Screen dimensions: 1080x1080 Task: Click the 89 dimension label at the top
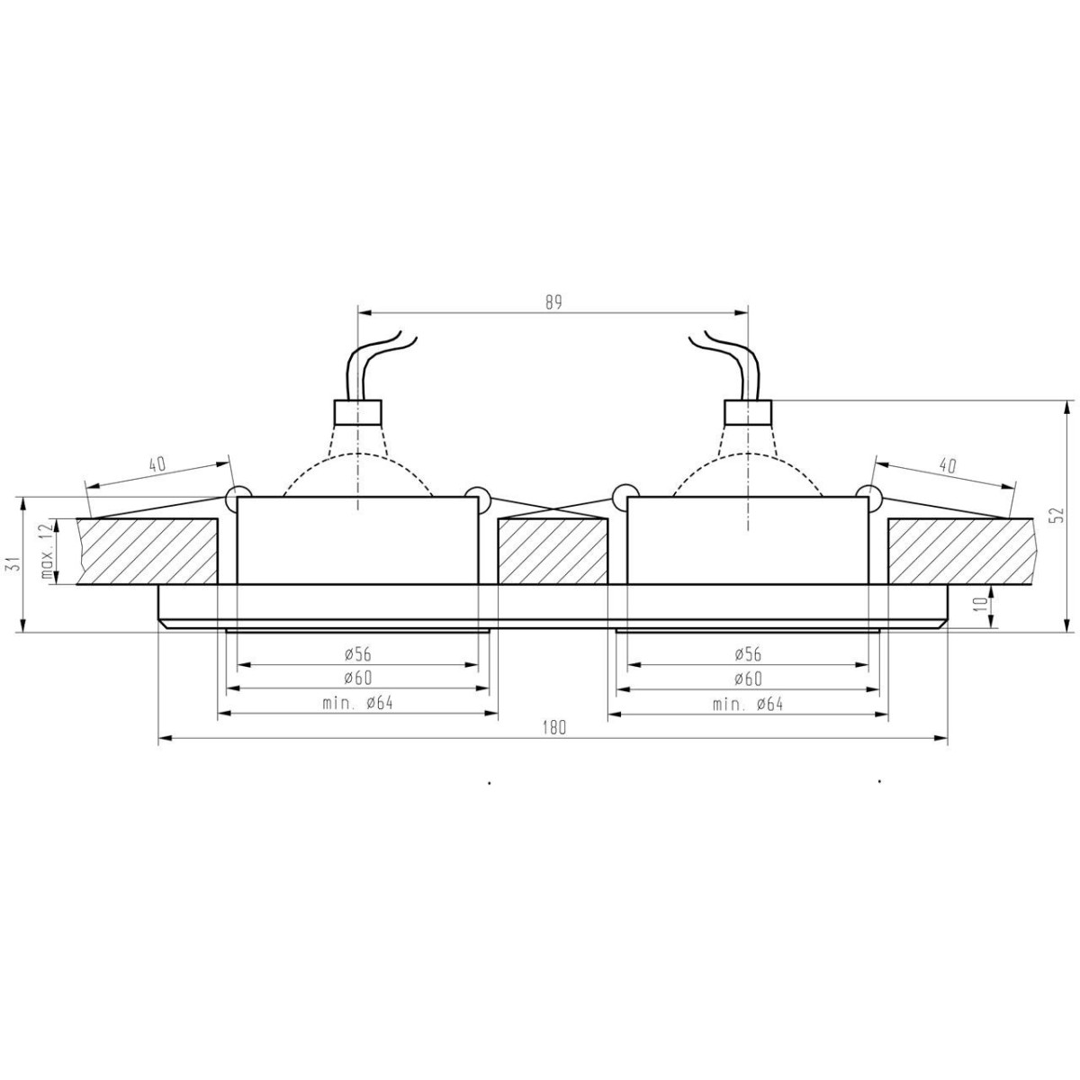553,302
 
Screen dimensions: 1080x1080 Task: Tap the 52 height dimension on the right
1058,514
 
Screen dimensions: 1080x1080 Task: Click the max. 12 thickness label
42,551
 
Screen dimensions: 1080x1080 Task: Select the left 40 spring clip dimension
157,464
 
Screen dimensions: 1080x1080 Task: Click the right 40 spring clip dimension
947,464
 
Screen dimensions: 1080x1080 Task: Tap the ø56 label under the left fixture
357,654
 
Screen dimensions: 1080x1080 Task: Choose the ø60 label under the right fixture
747,679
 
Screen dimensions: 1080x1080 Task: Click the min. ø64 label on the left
357,703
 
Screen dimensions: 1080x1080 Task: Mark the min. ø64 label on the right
747,703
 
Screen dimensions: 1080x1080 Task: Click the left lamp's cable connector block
358,412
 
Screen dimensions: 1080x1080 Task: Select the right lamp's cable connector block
748,412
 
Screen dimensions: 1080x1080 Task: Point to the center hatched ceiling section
553,550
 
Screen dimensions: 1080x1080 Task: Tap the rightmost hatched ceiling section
959,550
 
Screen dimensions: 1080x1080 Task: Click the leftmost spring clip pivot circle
238,494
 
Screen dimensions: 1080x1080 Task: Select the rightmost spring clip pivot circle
868,494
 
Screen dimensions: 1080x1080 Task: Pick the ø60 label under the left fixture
357,679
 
